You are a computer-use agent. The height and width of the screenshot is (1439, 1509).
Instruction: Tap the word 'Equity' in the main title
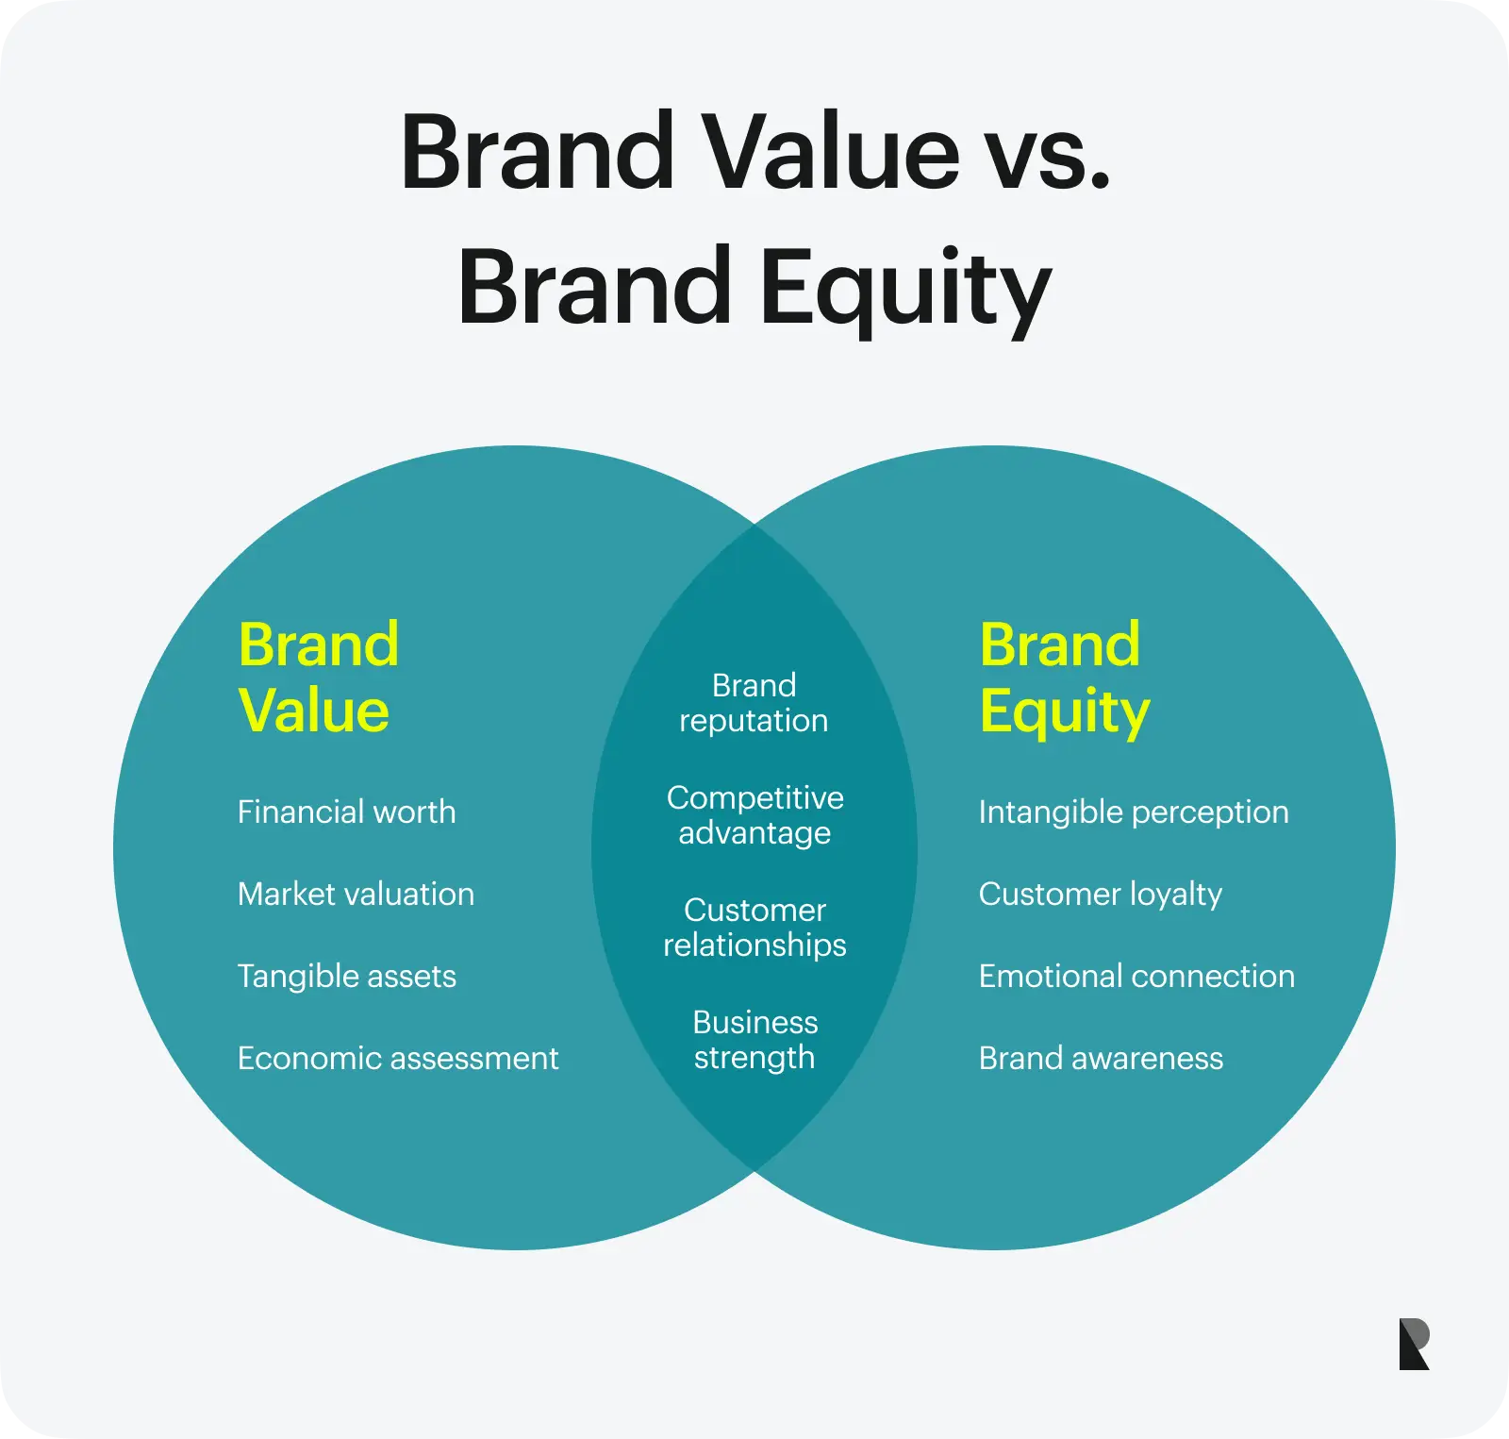(x=905, y=289)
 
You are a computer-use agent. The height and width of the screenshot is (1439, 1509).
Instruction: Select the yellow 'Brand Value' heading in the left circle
(x=318, y=678)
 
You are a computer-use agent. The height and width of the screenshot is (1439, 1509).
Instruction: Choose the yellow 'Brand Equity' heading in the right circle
(x=1064, y=678)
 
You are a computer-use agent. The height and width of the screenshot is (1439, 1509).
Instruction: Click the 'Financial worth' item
(x=346, y=812)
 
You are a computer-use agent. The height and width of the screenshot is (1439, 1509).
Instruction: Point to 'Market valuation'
(x=356, y=895)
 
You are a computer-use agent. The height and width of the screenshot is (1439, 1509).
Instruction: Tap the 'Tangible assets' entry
(x=346, y=977)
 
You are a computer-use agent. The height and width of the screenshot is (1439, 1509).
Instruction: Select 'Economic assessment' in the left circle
(x=397, y=1059)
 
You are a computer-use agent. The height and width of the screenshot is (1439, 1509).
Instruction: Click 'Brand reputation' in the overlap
(x=754, y=703)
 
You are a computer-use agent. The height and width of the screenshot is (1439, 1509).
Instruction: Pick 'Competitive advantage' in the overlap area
(x=754, y=815)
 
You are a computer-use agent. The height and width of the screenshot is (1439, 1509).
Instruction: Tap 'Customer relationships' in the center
(x=754, y=928)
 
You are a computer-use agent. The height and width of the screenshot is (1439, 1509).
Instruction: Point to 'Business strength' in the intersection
(x=754, y=1040)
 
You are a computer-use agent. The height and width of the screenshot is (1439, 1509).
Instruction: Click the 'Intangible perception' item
(x=1133, y=812)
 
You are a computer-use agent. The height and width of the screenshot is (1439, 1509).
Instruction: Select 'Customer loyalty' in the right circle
(x=1100, y=895)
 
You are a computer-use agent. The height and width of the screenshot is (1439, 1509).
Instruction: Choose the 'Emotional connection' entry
(x=1136, y=977)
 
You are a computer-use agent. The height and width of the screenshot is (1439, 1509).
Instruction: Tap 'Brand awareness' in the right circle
(x=1101, y=1059)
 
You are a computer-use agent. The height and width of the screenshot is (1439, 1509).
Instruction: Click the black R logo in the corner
(x=1414, y=1344)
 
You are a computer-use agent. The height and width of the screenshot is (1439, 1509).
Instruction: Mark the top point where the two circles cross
(x=754, y=525)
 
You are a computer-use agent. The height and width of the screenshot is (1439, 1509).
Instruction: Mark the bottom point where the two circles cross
(x=754, y=1171)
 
